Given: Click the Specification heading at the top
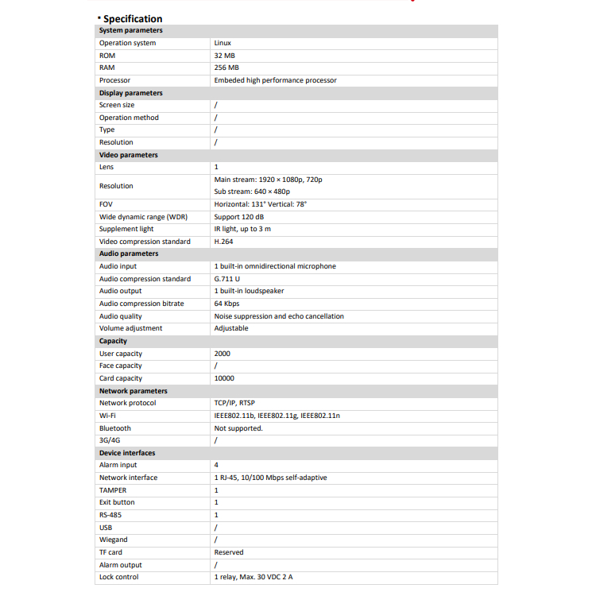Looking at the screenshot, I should [132, 18].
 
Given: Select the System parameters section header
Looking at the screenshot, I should [130, 30].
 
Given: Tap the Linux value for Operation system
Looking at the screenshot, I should [223, 43].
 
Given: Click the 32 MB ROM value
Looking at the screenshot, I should [225, 56].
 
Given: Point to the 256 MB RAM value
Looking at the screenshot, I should [226, 68].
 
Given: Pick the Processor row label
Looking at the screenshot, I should [114, 80].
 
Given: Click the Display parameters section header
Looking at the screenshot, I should [130, 93].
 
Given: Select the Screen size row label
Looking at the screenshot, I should [117, 105].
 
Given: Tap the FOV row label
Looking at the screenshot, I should [106, 204].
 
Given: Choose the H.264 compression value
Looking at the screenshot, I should [223, 242].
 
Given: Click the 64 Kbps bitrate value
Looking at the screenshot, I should [226, 304].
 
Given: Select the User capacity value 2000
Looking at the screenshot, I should [222, 354].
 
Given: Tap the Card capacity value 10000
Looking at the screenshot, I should [224, 378].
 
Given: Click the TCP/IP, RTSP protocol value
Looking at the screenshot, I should [234, 403].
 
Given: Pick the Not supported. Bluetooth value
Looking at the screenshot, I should [238, 428].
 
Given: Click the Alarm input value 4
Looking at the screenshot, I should [216, 465].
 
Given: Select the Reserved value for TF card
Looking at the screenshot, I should [229, 552].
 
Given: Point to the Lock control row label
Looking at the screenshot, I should [118, 577].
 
